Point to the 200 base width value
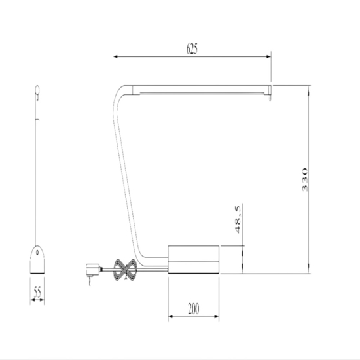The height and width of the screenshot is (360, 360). [x=193, y=308]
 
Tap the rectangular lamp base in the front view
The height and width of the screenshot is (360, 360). [x=194, y=259]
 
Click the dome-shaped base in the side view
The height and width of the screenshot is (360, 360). [x=39, y=258]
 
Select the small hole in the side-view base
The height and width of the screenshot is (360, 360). [x=39, y=253]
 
